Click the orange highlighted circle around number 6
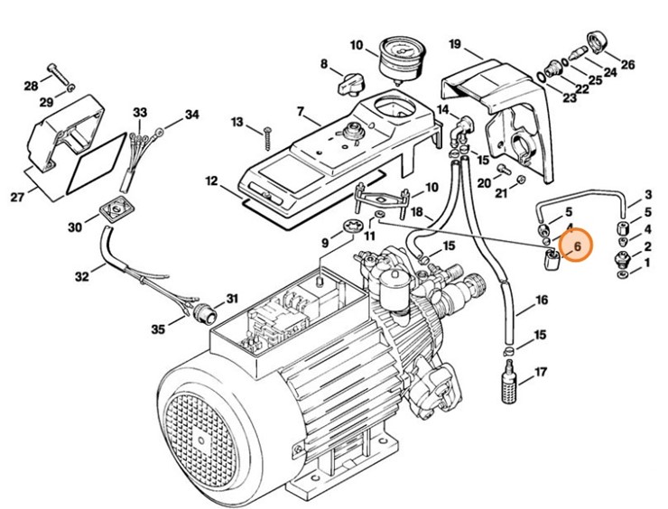[x=574, y=244]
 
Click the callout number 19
[x=454, y=44]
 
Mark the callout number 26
[x=627, y=64]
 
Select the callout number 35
[x=158, y=329]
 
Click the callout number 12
[x=210, y=181]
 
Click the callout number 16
[x=541, y=299]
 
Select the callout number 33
[x=139, y=113]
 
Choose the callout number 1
[x=647, y=264]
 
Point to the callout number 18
[x=416, y=213]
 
